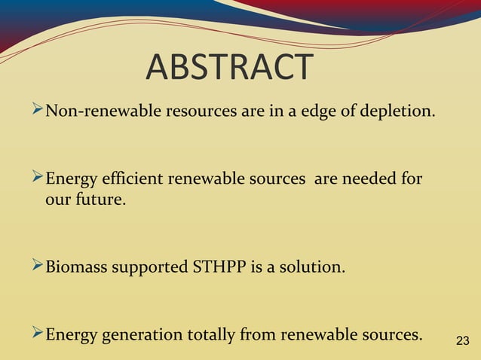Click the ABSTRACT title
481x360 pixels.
pyautogui.click(x=228, y=67)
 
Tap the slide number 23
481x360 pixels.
pyautogui.click(x=463, y=341)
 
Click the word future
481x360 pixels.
pyautogui.click(x=99, y=201)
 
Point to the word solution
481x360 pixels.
pyautogui.click(x=315, y=267)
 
